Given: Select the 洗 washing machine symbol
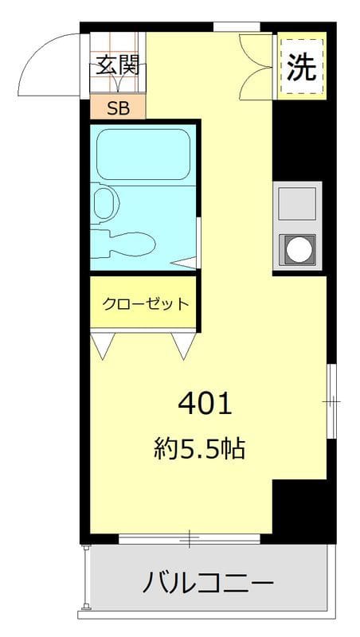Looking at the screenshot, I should coord(301,67).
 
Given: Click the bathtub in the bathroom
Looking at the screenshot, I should coord(142,154).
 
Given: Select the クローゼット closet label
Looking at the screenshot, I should coord(145,303).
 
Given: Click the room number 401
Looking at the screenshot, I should coord(205,404).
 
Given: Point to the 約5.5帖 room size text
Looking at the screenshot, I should coord(198,450).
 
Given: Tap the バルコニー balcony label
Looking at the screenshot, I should coord(209,583).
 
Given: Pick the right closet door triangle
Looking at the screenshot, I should coord(183,344).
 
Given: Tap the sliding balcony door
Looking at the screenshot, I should coord(190,539).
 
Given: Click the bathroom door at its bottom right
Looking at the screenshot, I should coord(186,262).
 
